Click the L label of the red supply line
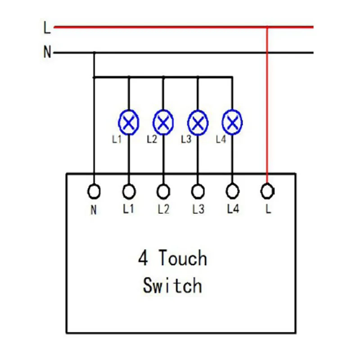tap(47, 28)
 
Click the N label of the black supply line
tap(47, 53)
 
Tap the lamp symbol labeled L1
tap(129, 122)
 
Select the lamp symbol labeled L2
tap(163, 122)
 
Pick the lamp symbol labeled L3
tap(198, 122)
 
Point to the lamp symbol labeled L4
tap(232, 122)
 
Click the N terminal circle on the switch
tap(94, 192)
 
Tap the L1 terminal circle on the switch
tap(129, 192)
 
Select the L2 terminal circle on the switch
tap(163, 192)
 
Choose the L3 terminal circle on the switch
tap(198, 192)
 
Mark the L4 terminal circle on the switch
tap(232, 192)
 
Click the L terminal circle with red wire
tap(267, 191)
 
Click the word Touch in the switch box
tap(182, 259)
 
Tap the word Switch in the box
tap(172, 285)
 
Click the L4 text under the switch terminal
tap(232, 209)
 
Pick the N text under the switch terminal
tap(94, 210)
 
